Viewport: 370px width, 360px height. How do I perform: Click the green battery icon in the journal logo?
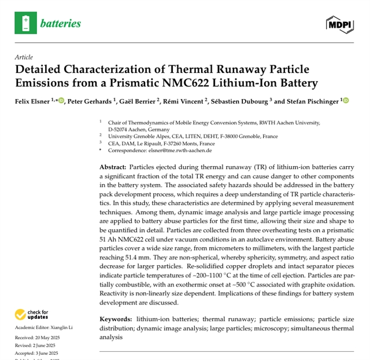click(25, 24)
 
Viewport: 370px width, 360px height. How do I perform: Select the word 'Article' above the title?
click(24, 57)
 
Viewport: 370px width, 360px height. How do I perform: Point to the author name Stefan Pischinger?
click(312, 101)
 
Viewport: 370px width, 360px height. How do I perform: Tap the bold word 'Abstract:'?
click(113, 166)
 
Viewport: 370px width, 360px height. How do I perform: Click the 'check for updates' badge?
click(29, 315)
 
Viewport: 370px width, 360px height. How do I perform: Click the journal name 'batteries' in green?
click(60, 24)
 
